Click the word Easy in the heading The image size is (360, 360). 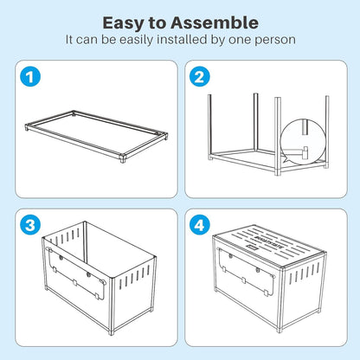point(124,23)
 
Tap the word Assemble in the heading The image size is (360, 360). point(215,22)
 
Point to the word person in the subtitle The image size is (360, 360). point(275,40)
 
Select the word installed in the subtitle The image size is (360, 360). point(182,39)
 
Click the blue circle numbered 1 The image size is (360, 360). point(30,77)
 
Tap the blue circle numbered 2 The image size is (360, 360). point(200,77)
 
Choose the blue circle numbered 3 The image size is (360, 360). point(30,225)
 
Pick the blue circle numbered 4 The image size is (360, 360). point(200,225)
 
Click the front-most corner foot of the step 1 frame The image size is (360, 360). point(123,158)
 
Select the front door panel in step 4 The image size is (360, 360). point(246,271)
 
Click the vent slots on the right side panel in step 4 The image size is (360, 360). point(305,273)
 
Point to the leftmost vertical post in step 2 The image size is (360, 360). point(209,126)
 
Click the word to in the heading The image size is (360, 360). point(157,23)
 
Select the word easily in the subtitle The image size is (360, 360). point(136,40)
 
